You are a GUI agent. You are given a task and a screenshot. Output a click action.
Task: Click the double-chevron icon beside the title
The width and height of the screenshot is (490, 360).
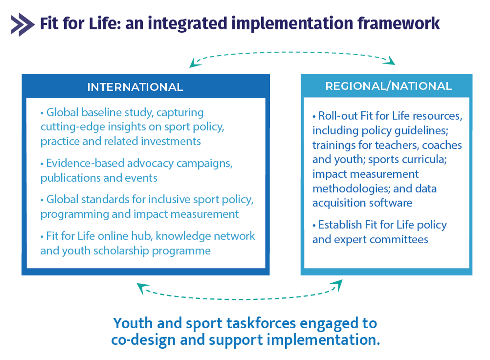(x=23, y=25)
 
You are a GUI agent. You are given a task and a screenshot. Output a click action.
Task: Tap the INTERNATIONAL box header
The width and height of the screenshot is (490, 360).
(x=135, y=87)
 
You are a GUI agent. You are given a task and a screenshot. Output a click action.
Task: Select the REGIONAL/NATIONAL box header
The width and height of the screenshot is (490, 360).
(x=389, y=86)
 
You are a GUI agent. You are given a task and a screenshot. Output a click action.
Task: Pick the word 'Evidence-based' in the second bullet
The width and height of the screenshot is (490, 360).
(x=85, y=164)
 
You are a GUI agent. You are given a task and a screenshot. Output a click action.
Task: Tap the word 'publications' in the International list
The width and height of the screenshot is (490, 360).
(x=70, y=178)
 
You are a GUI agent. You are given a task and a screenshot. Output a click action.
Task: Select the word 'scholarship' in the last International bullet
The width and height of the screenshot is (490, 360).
(x=121, y=251)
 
